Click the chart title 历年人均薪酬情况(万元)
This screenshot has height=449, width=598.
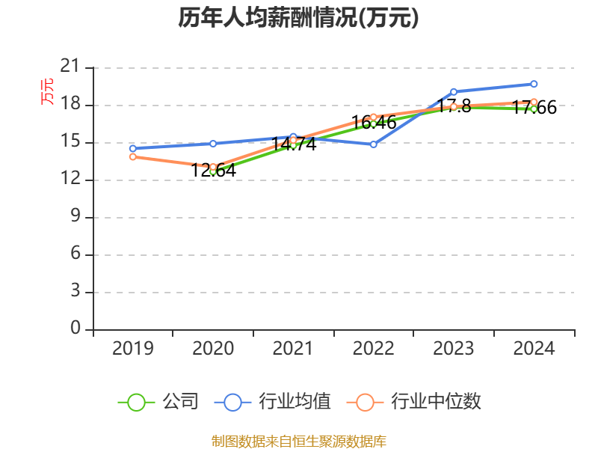tap(298, 17)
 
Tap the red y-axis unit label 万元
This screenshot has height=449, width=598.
tap(47, 91)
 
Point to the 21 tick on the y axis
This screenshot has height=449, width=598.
tap(70, 66)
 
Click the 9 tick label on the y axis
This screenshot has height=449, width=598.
tap(75, 216)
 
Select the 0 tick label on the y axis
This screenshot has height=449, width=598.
tap(75, 328)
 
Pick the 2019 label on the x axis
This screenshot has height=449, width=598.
tap(133, 348)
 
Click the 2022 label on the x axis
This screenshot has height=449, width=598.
tap(373, 348)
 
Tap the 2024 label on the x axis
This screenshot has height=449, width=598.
tap(534, 348)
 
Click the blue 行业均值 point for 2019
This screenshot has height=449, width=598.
tap(133, 148)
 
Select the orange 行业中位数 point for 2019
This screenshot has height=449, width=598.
tap(133, 157)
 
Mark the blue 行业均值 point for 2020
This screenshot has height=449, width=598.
tap(213, 144)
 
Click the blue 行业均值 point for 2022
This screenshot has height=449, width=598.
tap(373, 144)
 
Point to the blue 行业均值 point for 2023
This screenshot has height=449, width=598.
tap(454, 92)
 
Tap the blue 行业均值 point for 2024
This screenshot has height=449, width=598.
tap(534, 84)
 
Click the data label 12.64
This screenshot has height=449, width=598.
tap(213, 171)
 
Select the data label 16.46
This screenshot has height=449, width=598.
tap(374, 123)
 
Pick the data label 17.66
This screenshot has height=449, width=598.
tap(534, 107)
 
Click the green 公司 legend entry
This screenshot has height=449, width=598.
tap(158, 402)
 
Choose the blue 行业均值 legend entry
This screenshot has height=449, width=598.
tap(272, 402)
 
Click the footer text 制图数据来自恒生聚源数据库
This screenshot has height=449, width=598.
tap(299, 442)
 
